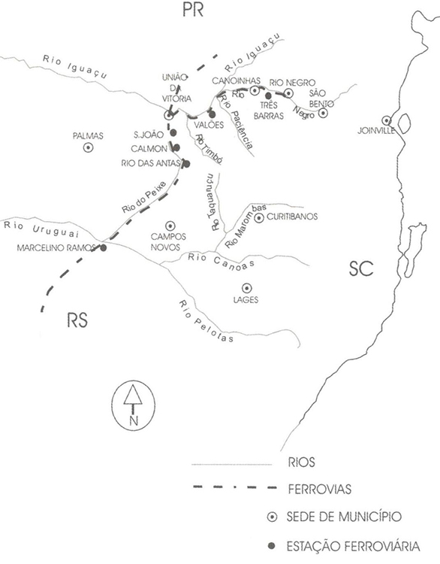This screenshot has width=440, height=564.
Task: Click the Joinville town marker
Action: click(386, 120)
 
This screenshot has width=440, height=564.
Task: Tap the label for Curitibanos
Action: click(292, 217)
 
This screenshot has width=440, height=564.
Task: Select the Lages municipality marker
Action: click(247, 288)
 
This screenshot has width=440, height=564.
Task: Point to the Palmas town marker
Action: click(88, 147)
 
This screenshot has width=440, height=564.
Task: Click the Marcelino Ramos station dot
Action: click(104, 248)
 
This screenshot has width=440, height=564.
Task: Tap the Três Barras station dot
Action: click(268, 96)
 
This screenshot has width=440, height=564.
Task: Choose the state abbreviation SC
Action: click(361, 268)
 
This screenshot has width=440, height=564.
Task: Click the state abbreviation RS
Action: click(77, 320)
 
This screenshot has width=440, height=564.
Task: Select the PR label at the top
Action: click(193, 10)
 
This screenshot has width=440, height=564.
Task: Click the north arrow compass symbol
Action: click(134, 405)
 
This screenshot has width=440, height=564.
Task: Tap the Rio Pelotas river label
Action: click(206, 321)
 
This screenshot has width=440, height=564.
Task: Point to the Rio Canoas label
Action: click(221, 260)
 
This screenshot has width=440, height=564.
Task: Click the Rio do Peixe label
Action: click(143, 197)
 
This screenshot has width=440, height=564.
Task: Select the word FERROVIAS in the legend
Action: click(320, 490)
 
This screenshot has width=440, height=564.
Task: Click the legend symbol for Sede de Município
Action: click(273, 517)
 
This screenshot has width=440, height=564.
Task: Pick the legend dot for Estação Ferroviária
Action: click(272, 546)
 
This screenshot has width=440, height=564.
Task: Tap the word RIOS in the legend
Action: click(301, 462)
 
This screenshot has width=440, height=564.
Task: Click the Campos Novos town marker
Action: click(170, 226)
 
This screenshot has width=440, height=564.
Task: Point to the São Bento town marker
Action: click(324, 113)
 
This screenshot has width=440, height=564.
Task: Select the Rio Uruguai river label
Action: click(41, 229)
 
